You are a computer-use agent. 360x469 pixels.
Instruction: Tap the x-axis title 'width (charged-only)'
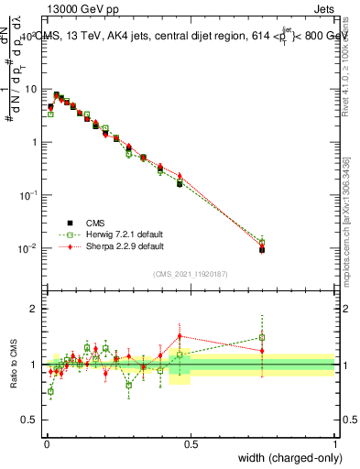coord(289,458)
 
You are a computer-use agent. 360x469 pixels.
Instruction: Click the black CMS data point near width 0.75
coord(262,249)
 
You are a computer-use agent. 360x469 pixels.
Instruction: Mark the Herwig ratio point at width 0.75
coord(262,338)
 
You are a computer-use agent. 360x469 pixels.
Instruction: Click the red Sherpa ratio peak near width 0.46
coord(180,336)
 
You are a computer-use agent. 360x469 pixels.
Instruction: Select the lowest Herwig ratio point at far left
coord(50,391)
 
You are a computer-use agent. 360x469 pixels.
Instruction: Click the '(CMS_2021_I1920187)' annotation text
coord(191,273)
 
